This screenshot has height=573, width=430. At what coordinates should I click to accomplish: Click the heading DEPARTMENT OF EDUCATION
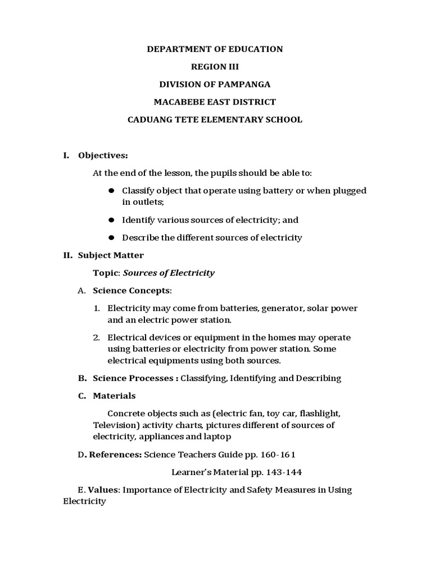[215, 49]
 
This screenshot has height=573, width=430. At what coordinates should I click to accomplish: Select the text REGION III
[215, 67]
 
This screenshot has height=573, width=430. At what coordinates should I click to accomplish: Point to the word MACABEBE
[179, 102]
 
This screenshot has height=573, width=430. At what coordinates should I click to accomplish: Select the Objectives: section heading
[103, 155]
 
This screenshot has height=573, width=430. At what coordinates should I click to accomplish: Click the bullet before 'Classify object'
[111, 191]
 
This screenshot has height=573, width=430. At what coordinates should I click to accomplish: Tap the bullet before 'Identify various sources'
[111, 220]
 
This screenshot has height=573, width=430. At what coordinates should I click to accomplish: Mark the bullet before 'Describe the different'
[111, 238]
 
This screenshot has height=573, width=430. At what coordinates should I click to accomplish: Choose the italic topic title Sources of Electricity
[169, 273]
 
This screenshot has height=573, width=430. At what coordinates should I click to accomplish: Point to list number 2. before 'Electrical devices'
[96, 337]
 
